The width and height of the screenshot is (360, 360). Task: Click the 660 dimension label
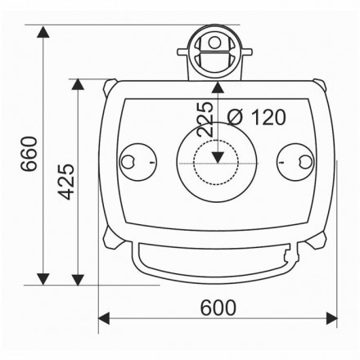coord(29,154)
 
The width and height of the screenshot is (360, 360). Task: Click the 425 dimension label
coord(66,182)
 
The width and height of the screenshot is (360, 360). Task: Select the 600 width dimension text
coord(218,308)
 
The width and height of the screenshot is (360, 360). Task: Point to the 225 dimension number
coord(205,119)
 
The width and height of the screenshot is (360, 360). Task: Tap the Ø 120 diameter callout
coord(257,117)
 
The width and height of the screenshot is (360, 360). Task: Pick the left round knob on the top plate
coord(138,162)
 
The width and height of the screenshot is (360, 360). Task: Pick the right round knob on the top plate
coord(295,162)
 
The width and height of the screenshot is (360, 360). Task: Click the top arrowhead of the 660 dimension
coord(43,32)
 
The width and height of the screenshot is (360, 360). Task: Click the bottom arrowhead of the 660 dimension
coord(43,279)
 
